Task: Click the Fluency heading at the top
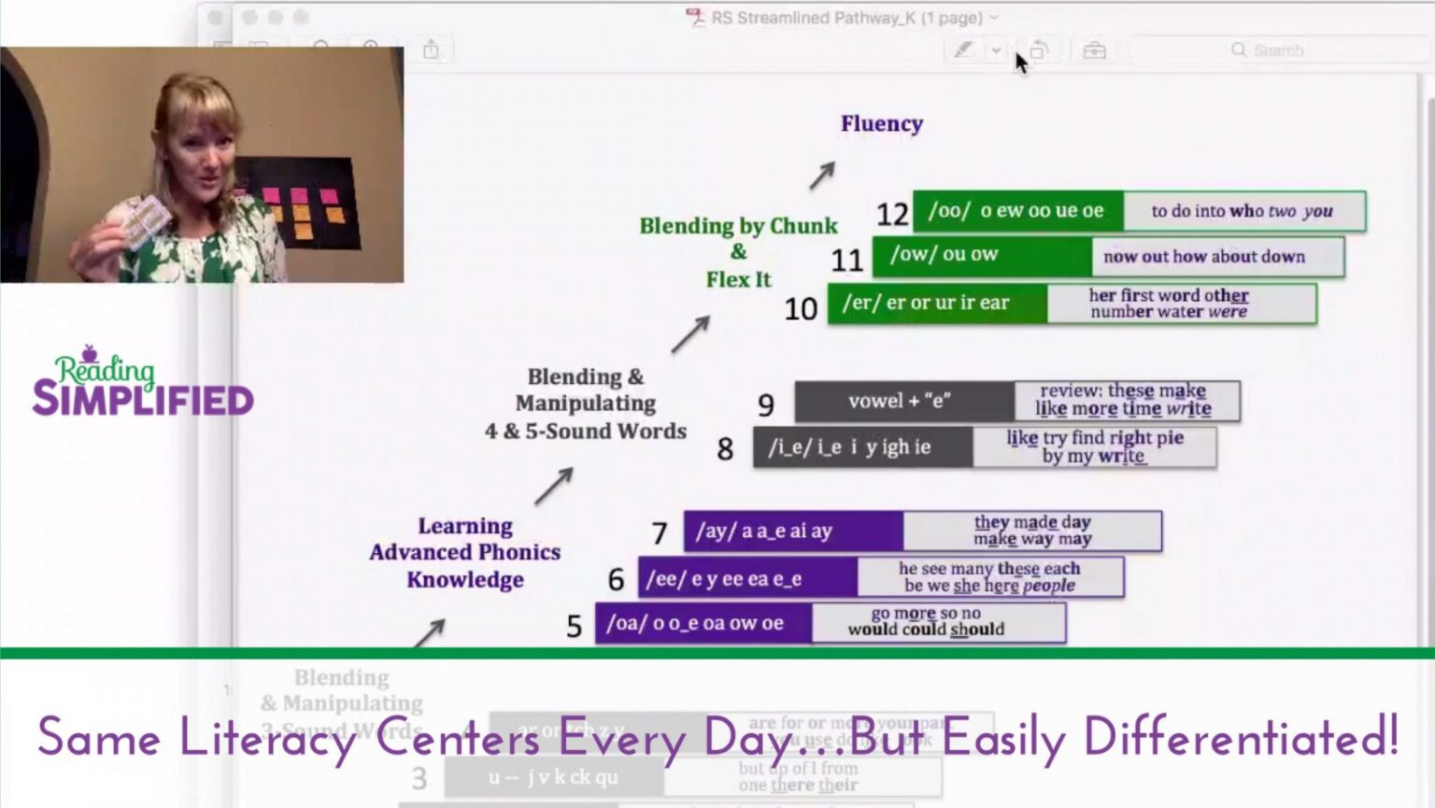pyautogui.click(x=881, y=123)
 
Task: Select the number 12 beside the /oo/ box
pyautogui.click(x=891, y=215)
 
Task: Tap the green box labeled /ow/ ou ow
pyautogui.click(x=981, y=255)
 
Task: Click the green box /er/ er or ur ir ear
pyautogui.click(x=936, y=304)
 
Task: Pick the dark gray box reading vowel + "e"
pyautogui.click(x=903, y=401)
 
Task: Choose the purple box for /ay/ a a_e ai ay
pyautogui.click(x=792, y=531)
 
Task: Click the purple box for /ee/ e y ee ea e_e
pyautogui.click(x=747, y=578)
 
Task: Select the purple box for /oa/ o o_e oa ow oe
pyautogui.click(x=703, y=623)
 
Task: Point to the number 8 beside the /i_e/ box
pyautogui.click(x=725, y=449)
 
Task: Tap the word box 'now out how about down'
pyautogui.click(x=1216, y=257)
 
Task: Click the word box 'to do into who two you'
pyautogui.click(x=1243, y=211)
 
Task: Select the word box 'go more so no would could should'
pyautogui.click(x=937, y=622)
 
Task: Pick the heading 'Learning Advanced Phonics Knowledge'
pyautogui.click(x=464, y=552)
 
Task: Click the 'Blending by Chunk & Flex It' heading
pyautogui.click(x=738, y=252)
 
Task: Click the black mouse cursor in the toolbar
pyautogui.click(x=1021, y=63)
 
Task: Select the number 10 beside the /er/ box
pyautogui.click(x=801, y=309)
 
